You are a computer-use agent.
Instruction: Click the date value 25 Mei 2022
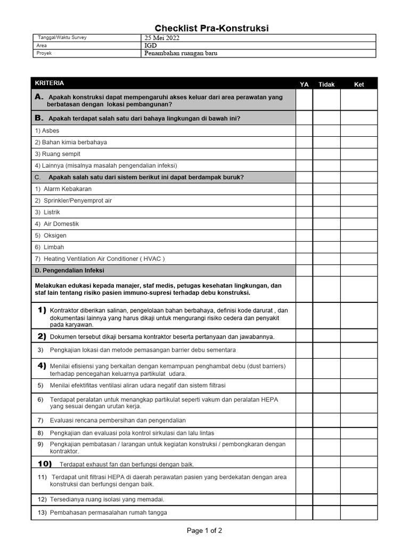point(162,38)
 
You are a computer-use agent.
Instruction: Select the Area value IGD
point(151,46)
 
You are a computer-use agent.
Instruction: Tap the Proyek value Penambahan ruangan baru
point(181,53)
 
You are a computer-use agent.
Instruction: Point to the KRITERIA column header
point(50,83)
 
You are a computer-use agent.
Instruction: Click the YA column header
point(304,84)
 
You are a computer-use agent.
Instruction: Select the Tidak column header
point(326,84)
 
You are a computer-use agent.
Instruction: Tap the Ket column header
point(359,84)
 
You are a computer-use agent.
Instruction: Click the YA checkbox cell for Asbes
point(304,131)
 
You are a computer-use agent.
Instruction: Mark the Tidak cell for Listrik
point(326,212)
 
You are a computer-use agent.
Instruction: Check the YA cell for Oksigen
point(304,236)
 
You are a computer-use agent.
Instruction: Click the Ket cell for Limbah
point(359,247)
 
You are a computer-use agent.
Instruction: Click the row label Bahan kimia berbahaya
point(71,143)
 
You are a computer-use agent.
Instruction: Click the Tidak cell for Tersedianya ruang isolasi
point(326,500)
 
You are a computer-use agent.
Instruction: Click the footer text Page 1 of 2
point(204,531)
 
